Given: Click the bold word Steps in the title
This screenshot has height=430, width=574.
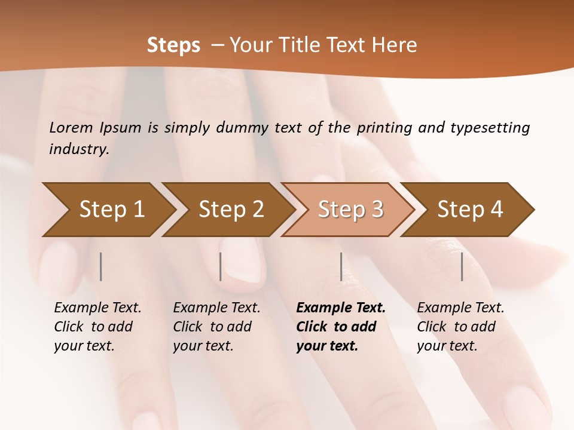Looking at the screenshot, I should click(173, 45).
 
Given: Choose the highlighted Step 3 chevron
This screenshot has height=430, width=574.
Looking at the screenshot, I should click(350, 209).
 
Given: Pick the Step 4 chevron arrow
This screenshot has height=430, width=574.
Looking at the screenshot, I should click(470, 209).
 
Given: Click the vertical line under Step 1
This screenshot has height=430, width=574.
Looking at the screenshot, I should click(101, 266).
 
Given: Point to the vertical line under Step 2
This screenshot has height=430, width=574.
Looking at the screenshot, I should click(221, 266).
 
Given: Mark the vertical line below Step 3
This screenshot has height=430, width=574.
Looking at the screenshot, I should click(341, 266).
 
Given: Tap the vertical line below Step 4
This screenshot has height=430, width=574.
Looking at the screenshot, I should click(462, 266).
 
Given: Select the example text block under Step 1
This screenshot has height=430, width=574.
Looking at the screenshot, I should click(97, 326).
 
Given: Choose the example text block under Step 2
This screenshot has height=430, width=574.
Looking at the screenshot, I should click(216, 326).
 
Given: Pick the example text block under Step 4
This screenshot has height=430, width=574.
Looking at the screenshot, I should click(460, 326).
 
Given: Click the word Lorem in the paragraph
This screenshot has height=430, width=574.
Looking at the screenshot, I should click(71, 127).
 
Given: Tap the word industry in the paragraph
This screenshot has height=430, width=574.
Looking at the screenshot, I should click(79, 149).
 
